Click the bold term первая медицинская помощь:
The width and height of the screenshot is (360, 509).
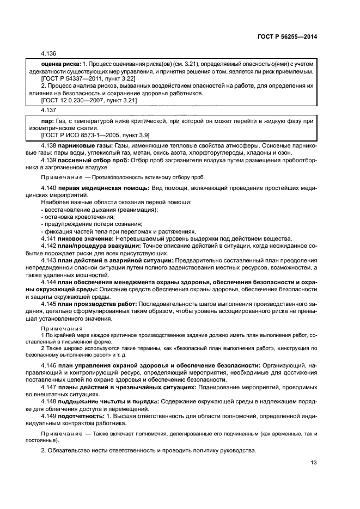click(102, 188)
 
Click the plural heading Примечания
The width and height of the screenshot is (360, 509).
click(62, 329)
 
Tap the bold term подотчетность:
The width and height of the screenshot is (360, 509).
click(85, 415)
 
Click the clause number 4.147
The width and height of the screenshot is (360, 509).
click(50, 387)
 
